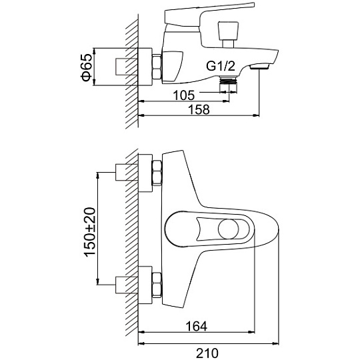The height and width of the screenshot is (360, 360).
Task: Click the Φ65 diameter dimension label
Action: pos(86,67)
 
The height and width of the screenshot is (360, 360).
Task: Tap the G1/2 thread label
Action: pos(221,66)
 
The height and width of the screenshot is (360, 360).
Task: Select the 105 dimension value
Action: pos(184,95)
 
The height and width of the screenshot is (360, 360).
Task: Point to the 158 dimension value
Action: pos(199,109)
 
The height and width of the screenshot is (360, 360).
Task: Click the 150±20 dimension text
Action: pos(89,232)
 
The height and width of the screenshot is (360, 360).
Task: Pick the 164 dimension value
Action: pos(196,325)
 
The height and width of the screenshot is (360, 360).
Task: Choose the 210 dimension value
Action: pos(207,353)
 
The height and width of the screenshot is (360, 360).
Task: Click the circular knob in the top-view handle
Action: pos(228,229)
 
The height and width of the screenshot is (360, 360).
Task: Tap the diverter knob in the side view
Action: pos(228,35)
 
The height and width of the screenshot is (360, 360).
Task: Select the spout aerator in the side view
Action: pos(259,67)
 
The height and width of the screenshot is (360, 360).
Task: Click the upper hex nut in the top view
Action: pos(157,173)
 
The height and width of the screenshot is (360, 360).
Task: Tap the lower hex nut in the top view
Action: pos(157,285)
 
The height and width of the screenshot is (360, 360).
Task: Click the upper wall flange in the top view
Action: pos(145,173)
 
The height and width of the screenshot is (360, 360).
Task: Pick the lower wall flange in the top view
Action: pos(145,285)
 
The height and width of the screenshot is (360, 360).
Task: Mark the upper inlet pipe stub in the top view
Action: pos(126,172)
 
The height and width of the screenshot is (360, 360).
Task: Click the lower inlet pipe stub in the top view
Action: pos(126,285)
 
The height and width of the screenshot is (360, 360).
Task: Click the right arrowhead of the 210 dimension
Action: pos(275,343)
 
